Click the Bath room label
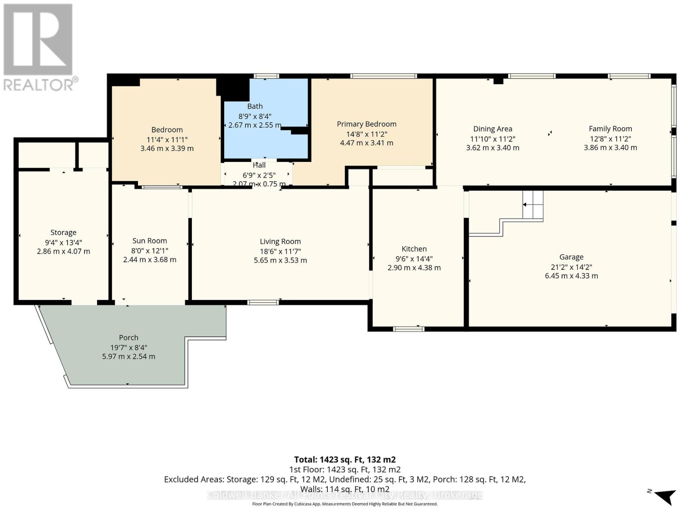(x=255, y=106)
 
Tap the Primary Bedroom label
(x=367, y=124)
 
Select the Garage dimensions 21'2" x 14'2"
(x=571, y=267)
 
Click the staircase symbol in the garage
(x=533, y=205)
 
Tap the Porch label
(x=129, y=338)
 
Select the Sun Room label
(x=150, y=241)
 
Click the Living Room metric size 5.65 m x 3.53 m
(x=280, y=260)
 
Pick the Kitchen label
(x=414, y=249)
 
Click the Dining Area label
(x=492, y=129)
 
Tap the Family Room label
(x=610, y=129)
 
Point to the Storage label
(x=63, y=232)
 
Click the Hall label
(x=259, y=165)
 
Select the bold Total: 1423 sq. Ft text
(x=345, y=459)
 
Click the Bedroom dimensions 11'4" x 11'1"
(x=167, y=139)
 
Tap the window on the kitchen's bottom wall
(x=409, y=329)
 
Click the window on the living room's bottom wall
(x=263, y=302)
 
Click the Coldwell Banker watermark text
(x=345, y=495)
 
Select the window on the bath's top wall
(x=266, y=76)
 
